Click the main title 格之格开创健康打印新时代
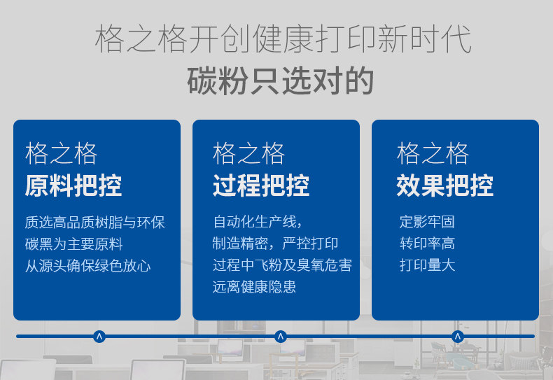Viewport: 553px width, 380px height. pos(283,38)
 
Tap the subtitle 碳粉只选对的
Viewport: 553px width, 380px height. pos(281,81)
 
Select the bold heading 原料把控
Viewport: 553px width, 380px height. pos(73,185)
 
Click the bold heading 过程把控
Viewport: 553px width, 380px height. pos(261,185)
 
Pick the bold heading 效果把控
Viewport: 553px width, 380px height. pos(444,185)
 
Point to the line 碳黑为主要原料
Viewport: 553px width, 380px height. pos(73,244)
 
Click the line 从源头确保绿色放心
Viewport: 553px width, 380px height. pos(87,266)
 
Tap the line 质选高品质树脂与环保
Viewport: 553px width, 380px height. pos(95,223)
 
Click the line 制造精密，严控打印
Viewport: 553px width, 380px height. pos(275,244)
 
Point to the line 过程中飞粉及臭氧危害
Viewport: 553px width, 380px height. pos(282,265)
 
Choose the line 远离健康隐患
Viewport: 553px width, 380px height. pos(254,287)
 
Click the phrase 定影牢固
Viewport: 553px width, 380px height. pos(427,222)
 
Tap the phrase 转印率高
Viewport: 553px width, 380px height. pos(427,244)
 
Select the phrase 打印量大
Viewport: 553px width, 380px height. pos(427,265)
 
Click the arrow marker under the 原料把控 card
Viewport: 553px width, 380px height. pos(99,337)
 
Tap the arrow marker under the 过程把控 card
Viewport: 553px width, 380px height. pos(281,337)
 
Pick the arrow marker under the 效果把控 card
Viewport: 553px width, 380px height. pos(458,337)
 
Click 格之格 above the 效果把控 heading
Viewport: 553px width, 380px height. pos(433,154)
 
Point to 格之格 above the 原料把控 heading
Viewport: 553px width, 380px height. pos(61,154)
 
